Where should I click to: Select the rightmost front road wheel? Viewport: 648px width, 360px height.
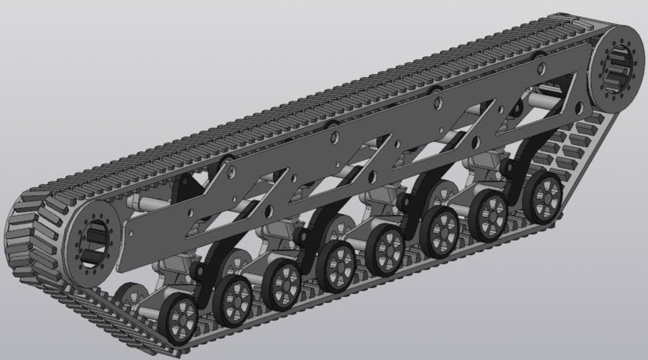pyautogui.click(x=544, y=192)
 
